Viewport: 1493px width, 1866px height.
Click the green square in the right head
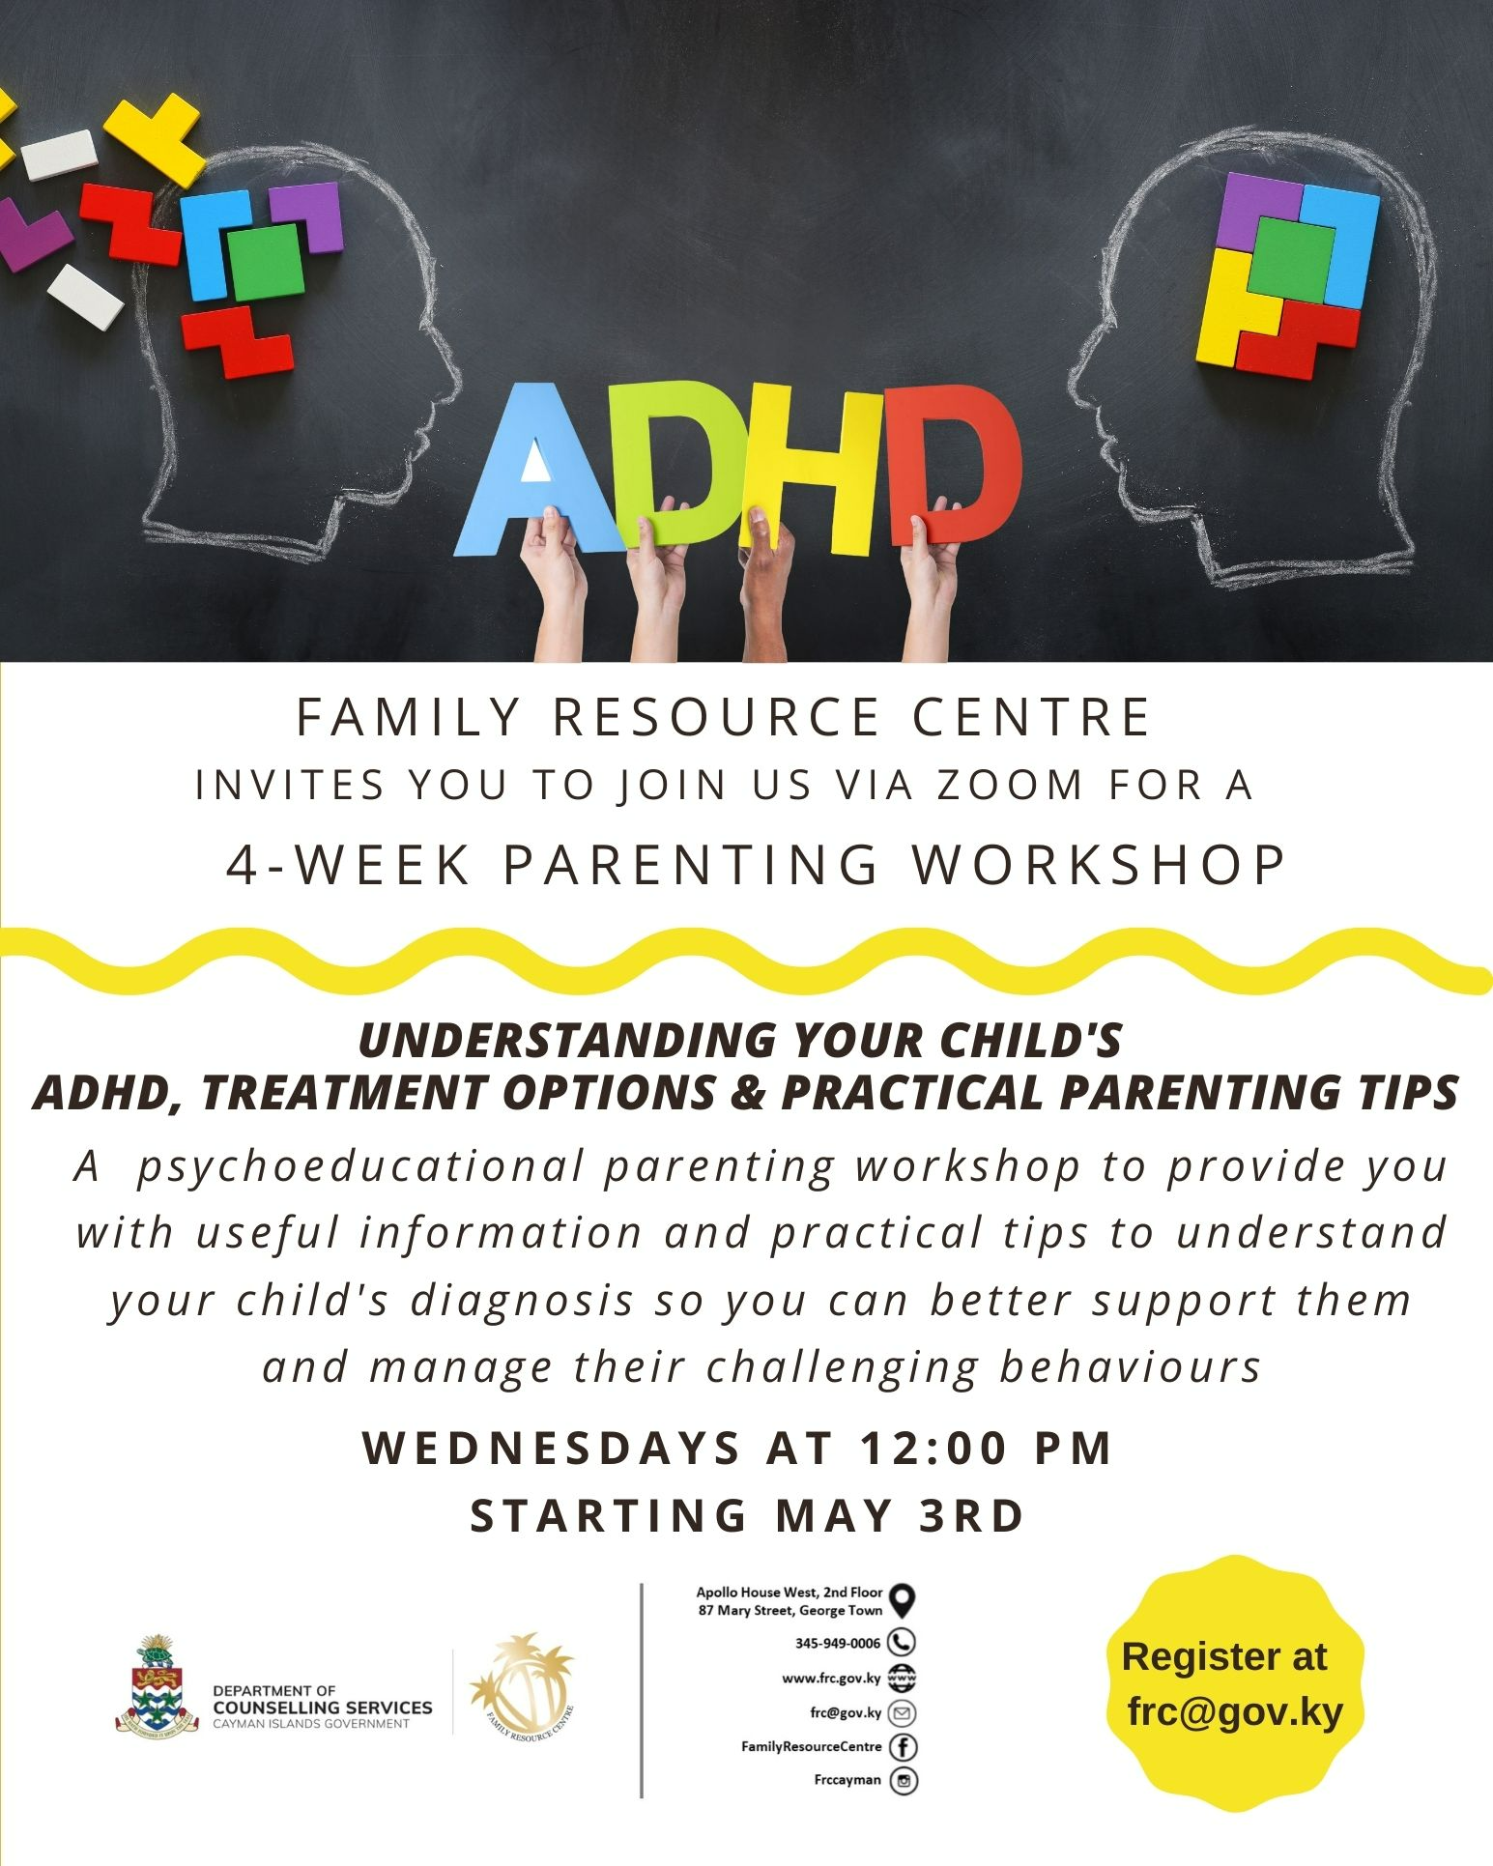[x=1290, y=256]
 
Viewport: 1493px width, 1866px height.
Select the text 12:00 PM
[x=985, y=1448]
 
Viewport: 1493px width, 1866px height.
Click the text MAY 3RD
[x=899, y=1515]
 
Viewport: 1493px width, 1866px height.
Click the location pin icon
[x=902, y=1601]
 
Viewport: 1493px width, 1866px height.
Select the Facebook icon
[x=903, y=1746]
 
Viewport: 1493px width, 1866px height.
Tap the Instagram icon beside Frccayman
[x=903, y=1780]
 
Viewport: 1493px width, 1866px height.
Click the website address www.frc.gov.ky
[x=831, y=1679]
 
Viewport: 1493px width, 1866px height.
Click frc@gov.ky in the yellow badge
[x=1235, y=1711]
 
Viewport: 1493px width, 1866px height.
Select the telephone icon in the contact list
[x=902, y=1642]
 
